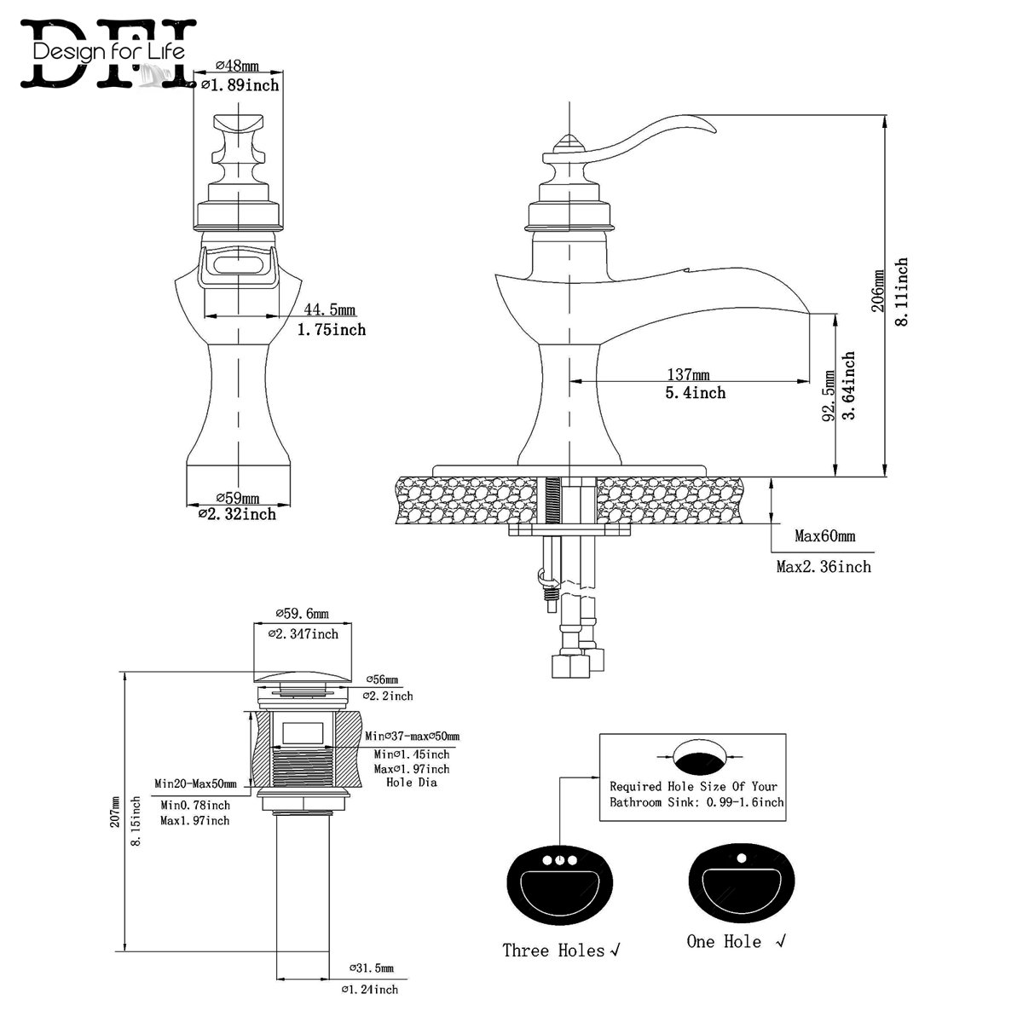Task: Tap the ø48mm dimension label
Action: coord(239,65)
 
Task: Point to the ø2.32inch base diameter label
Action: coord(237,514)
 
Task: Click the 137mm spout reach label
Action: coord(688,374)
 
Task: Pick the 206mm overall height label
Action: coord(878,292)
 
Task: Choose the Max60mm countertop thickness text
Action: coord(824,536)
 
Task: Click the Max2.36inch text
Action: coord(823,566)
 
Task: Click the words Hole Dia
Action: coord(412,782)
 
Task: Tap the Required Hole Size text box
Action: coord(692,777)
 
